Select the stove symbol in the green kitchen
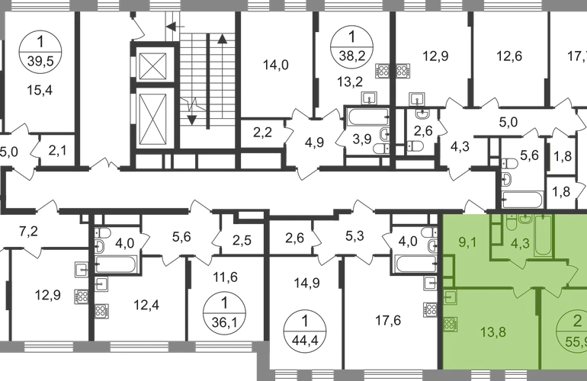pyautogui.click(x=450, y=323)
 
